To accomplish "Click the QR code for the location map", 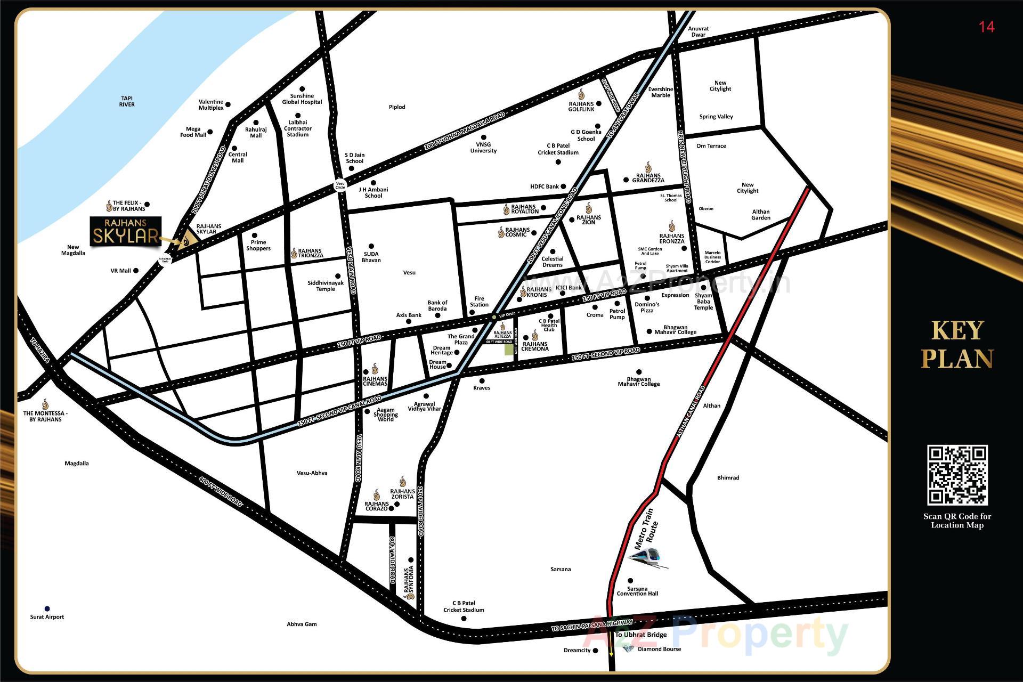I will point(957,475).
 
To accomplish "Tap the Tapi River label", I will point(127,101).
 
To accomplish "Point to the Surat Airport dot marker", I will point(47,608).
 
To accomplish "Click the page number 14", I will point(986,27).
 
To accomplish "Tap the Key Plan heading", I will point(957,345).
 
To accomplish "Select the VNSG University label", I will point(483,148).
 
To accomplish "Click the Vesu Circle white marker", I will point(340,185).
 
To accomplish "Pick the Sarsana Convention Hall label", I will point(637,591).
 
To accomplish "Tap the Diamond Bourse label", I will point(659,649).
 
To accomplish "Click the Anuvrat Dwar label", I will point(698,31).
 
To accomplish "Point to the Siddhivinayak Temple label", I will point(326,286).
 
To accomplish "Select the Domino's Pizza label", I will point(647,307).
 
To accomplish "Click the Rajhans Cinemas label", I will point(375,381).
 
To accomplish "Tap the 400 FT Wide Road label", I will point(221,491).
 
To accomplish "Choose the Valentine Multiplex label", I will point(211,104).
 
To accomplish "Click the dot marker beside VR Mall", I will point(136,271).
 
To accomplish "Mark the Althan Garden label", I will point(760,215).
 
